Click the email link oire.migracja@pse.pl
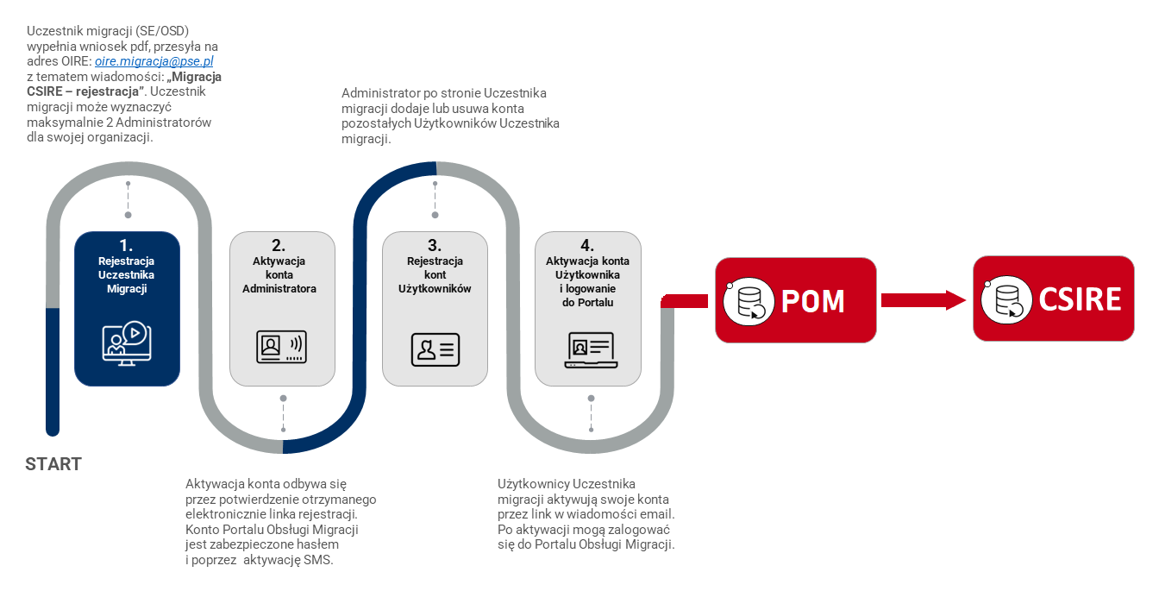154,62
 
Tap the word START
53,464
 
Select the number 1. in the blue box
127,245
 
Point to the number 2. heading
279,245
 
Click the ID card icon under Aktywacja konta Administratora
282,347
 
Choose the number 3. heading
435,245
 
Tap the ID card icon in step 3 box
435,349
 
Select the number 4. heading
587,245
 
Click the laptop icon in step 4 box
590,349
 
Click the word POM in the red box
812,301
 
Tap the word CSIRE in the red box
1079,299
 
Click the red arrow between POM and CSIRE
923,300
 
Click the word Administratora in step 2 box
279,289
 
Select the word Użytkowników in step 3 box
435,289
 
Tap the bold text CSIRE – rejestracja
86,91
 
